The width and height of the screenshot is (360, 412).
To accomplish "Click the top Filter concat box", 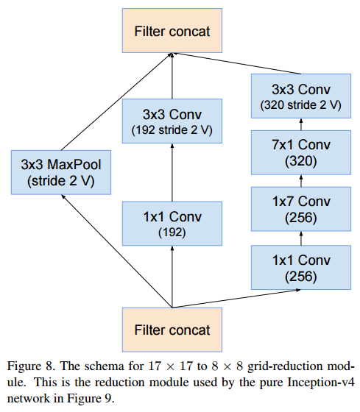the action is point(172,30).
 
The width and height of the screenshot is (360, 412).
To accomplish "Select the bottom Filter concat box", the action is point(172,330).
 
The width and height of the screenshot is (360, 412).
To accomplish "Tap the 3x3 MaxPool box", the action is point(61,172).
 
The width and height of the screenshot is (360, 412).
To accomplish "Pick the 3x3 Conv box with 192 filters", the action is point(172,121).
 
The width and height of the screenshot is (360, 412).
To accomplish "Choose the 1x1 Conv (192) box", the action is point(172,224).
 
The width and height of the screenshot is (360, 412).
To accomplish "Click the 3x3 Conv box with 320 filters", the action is point(301,96).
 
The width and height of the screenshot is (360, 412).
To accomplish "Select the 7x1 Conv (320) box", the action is point(301,152).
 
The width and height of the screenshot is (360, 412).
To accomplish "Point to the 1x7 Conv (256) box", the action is point(301,209).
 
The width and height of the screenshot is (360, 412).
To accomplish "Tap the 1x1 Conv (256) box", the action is point(301,268).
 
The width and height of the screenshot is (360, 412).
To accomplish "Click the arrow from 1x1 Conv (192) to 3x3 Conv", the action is point(172,172).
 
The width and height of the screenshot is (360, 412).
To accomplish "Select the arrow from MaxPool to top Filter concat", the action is point(117,102).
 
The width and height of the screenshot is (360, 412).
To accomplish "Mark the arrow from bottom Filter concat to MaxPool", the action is point(117,251).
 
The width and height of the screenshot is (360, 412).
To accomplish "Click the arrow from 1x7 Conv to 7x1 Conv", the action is point(301,181).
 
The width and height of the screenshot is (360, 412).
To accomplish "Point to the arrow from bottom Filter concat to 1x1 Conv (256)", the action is point(236,299).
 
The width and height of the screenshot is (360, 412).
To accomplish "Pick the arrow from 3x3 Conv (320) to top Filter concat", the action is point(236,63).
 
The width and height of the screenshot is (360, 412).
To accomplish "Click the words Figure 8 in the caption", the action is point(30,366).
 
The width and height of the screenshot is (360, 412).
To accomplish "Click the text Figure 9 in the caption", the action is point(91,399).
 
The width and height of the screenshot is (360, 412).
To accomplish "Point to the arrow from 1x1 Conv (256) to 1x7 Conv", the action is point(301,238).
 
